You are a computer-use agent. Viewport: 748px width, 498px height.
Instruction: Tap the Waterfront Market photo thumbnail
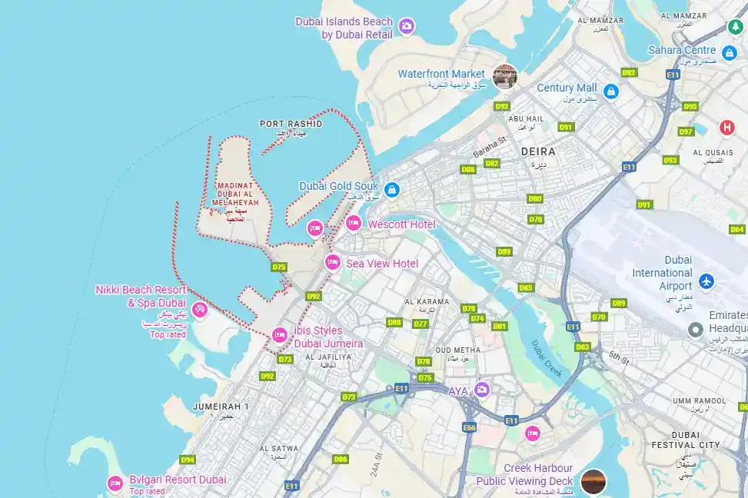[504, 76]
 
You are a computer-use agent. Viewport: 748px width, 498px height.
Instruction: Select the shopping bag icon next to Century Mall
[611, 91]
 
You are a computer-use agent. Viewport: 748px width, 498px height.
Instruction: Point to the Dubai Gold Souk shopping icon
[391, 189]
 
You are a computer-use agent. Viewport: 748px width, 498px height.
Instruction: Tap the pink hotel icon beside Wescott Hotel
[354, 224]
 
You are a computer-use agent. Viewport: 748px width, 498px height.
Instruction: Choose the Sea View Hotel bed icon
[332, 263]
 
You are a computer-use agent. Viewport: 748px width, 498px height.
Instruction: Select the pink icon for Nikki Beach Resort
[200, 310]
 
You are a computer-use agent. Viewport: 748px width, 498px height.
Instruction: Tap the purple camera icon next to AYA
[481, 390]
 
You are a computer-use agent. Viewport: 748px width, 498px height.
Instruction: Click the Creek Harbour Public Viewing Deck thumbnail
[593, 482]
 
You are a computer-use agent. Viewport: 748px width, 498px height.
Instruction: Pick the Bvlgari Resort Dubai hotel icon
[115, 483]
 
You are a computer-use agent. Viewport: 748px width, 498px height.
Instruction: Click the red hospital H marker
[726, 127]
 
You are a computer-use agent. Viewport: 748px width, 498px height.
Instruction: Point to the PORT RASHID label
[291, 124]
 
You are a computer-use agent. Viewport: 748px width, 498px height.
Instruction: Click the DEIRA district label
[538, 152]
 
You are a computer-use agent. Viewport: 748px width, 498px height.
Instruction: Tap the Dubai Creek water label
[547, 358]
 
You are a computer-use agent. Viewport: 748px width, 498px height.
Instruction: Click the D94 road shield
[188, 460]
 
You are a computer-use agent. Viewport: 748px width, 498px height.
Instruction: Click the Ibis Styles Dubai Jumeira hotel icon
[280, 334]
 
